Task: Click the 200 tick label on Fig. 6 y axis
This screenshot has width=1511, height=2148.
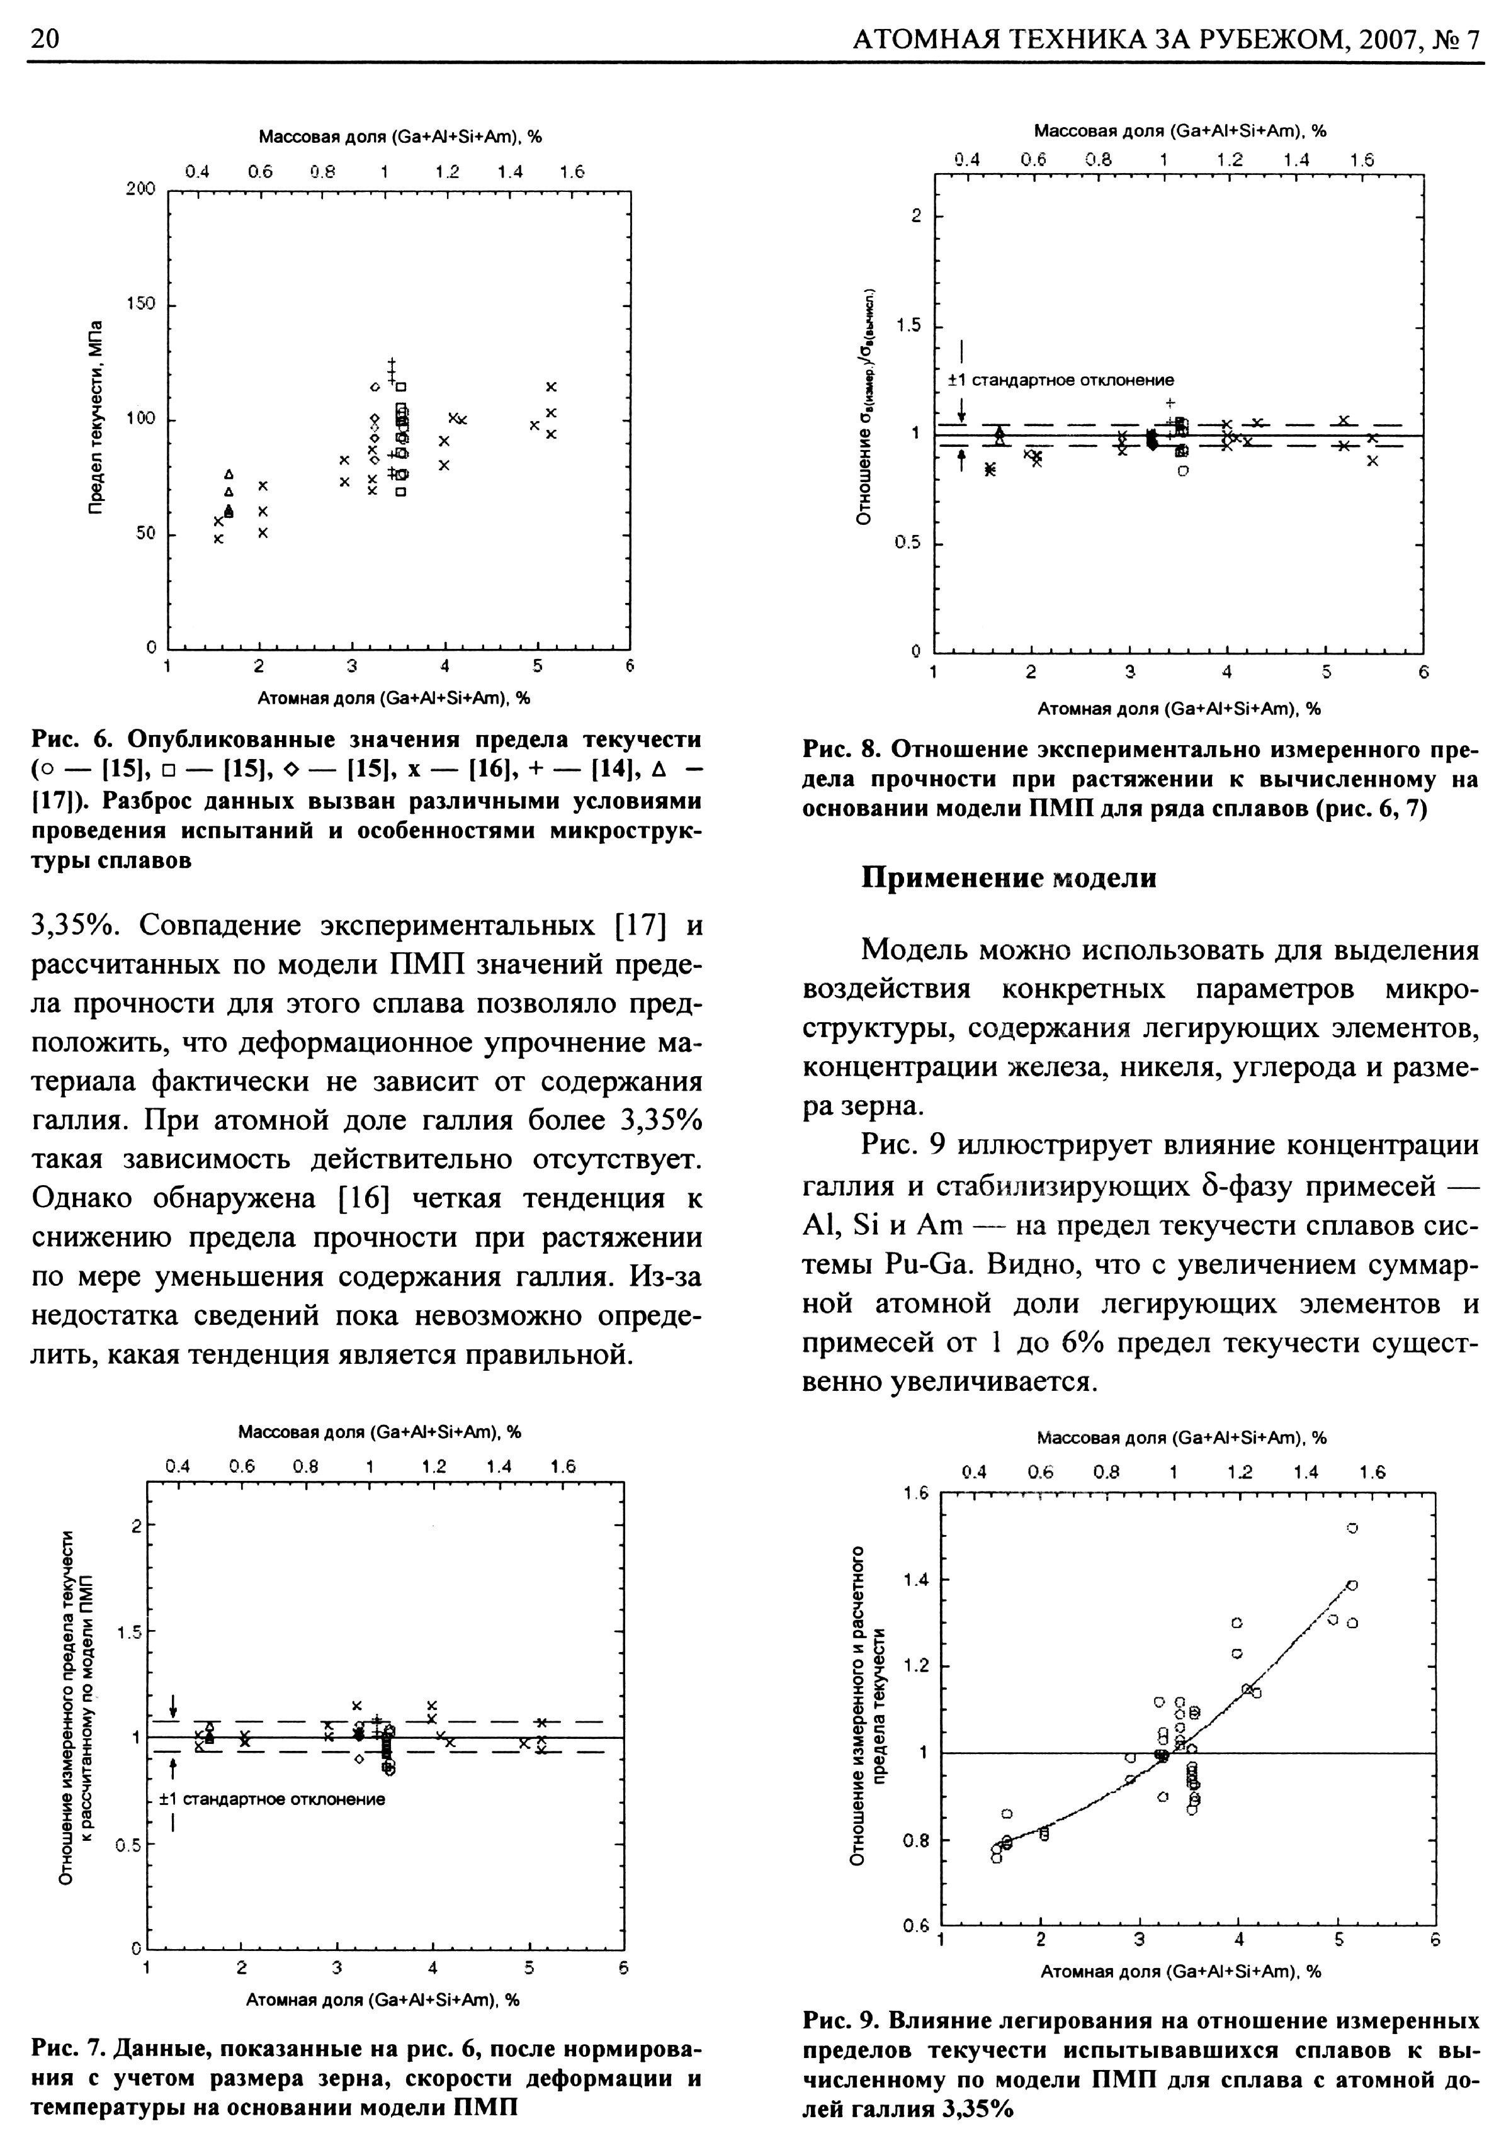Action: click(x=140, y=190)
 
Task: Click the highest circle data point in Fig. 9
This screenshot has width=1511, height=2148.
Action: click(x=1352, y=1527)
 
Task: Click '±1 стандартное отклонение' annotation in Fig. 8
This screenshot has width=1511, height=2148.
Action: click(x=1060, y=381)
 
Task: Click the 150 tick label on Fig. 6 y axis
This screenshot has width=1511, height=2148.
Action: click(x=140, y=305)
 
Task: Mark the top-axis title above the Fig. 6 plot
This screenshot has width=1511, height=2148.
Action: click(x=400, y=138)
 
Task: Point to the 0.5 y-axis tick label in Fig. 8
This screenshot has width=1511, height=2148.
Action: click(x=907, y=544)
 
